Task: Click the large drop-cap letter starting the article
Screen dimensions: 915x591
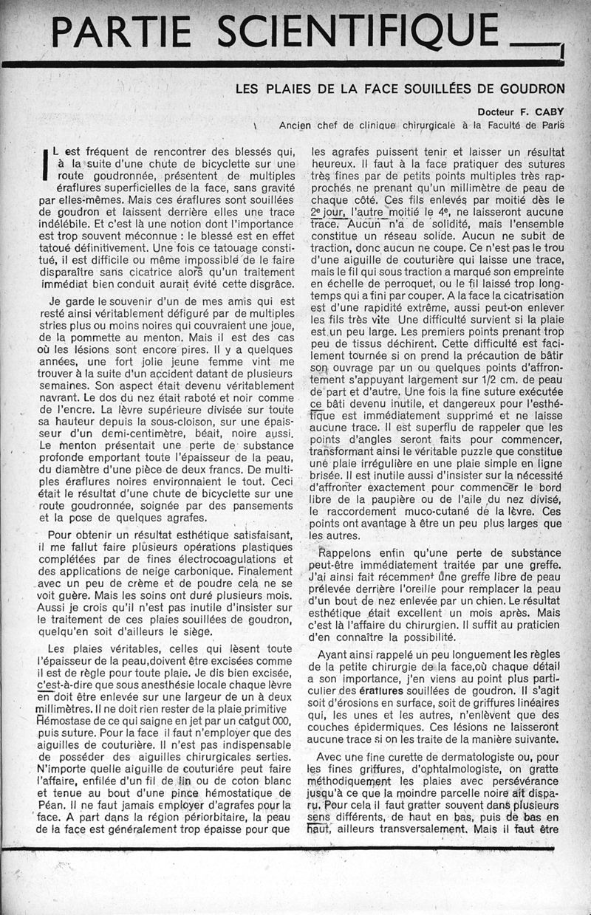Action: coord(46,163)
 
